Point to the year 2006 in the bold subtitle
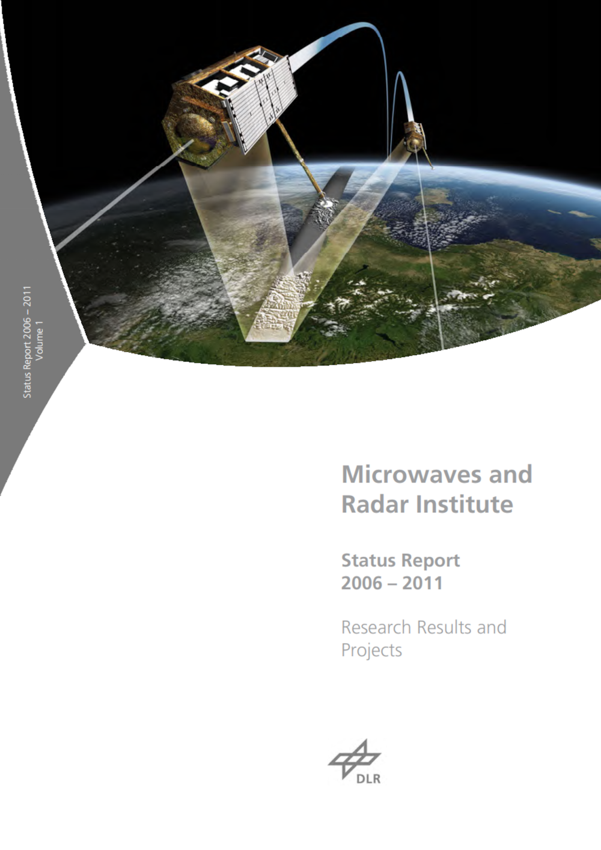(361, 583)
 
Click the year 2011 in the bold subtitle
(423, 583)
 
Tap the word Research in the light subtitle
(376, 627)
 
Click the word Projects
(371, 650)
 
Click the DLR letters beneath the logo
(368, 779)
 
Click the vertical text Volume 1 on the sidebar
(40, 340)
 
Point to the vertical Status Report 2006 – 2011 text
(27, 341)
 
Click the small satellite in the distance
(414, 135)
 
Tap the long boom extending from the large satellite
(298, 157)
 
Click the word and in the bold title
(510, 474)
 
